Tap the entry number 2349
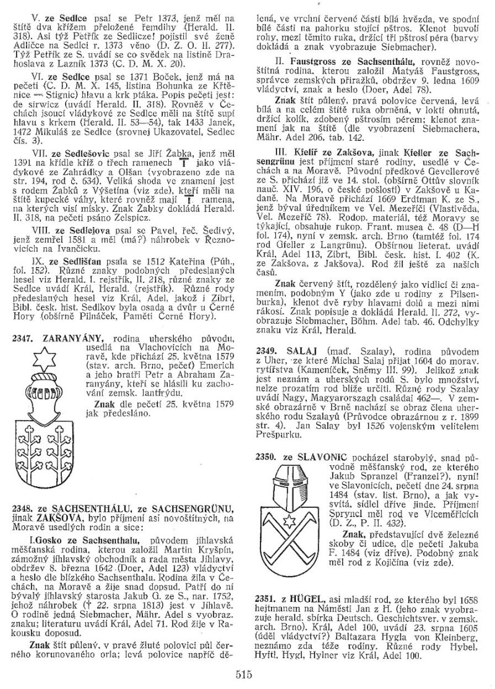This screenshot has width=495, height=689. [267, 350]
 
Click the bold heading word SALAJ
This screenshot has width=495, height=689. [301, 350]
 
